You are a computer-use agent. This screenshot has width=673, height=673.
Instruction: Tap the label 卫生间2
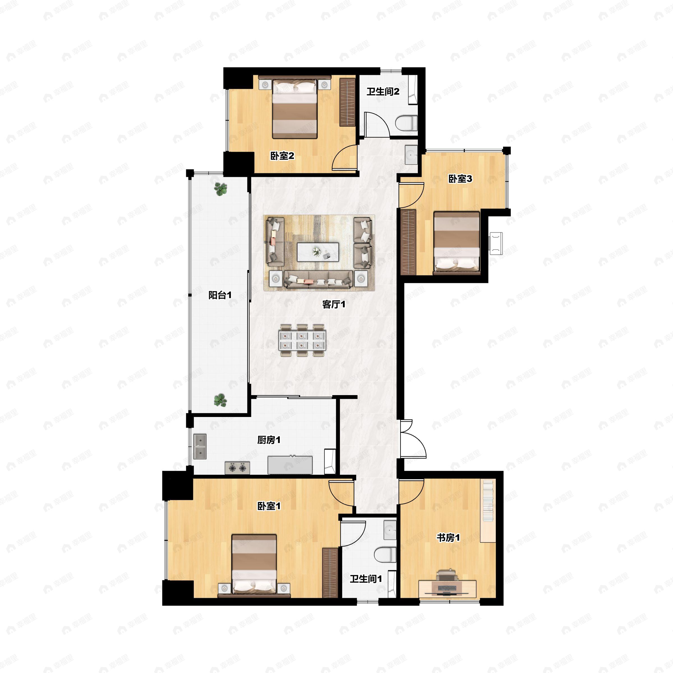click(x=383, y=92)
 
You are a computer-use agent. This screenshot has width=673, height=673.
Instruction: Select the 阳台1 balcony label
click(x=220, y=295)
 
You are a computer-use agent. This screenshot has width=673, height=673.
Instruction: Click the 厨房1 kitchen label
click(x=269, y=440)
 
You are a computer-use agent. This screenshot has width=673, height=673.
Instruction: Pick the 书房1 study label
click(x=448, y=538)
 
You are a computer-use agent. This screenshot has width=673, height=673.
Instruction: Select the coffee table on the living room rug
click(x=318, y=252)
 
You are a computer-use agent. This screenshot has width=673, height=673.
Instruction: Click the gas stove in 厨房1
click(x=237, y=468)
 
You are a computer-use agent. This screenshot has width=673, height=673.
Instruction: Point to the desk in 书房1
click(x=448, y=588)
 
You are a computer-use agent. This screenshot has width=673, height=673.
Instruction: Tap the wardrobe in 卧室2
click(x=347, y=102)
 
